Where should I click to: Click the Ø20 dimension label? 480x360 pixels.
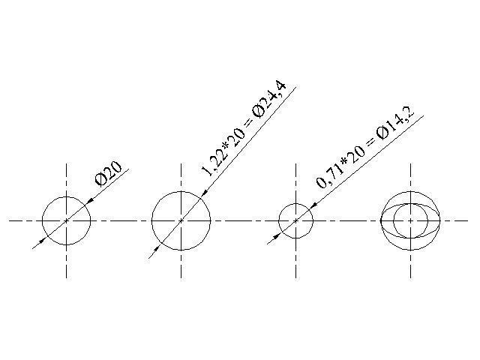108,173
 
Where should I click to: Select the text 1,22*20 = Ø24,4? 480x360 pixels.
243,129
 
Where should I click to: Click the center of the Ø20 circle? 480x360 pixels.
67,220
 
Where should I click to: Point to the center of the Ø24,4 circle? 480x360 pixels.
181,220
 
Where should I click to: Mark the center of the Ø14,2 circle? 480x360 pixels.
296,220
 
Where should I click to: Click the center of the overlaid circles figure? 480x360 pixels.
410,220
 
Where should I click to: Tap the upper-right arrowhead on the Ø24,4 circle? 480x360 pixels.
205,192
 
